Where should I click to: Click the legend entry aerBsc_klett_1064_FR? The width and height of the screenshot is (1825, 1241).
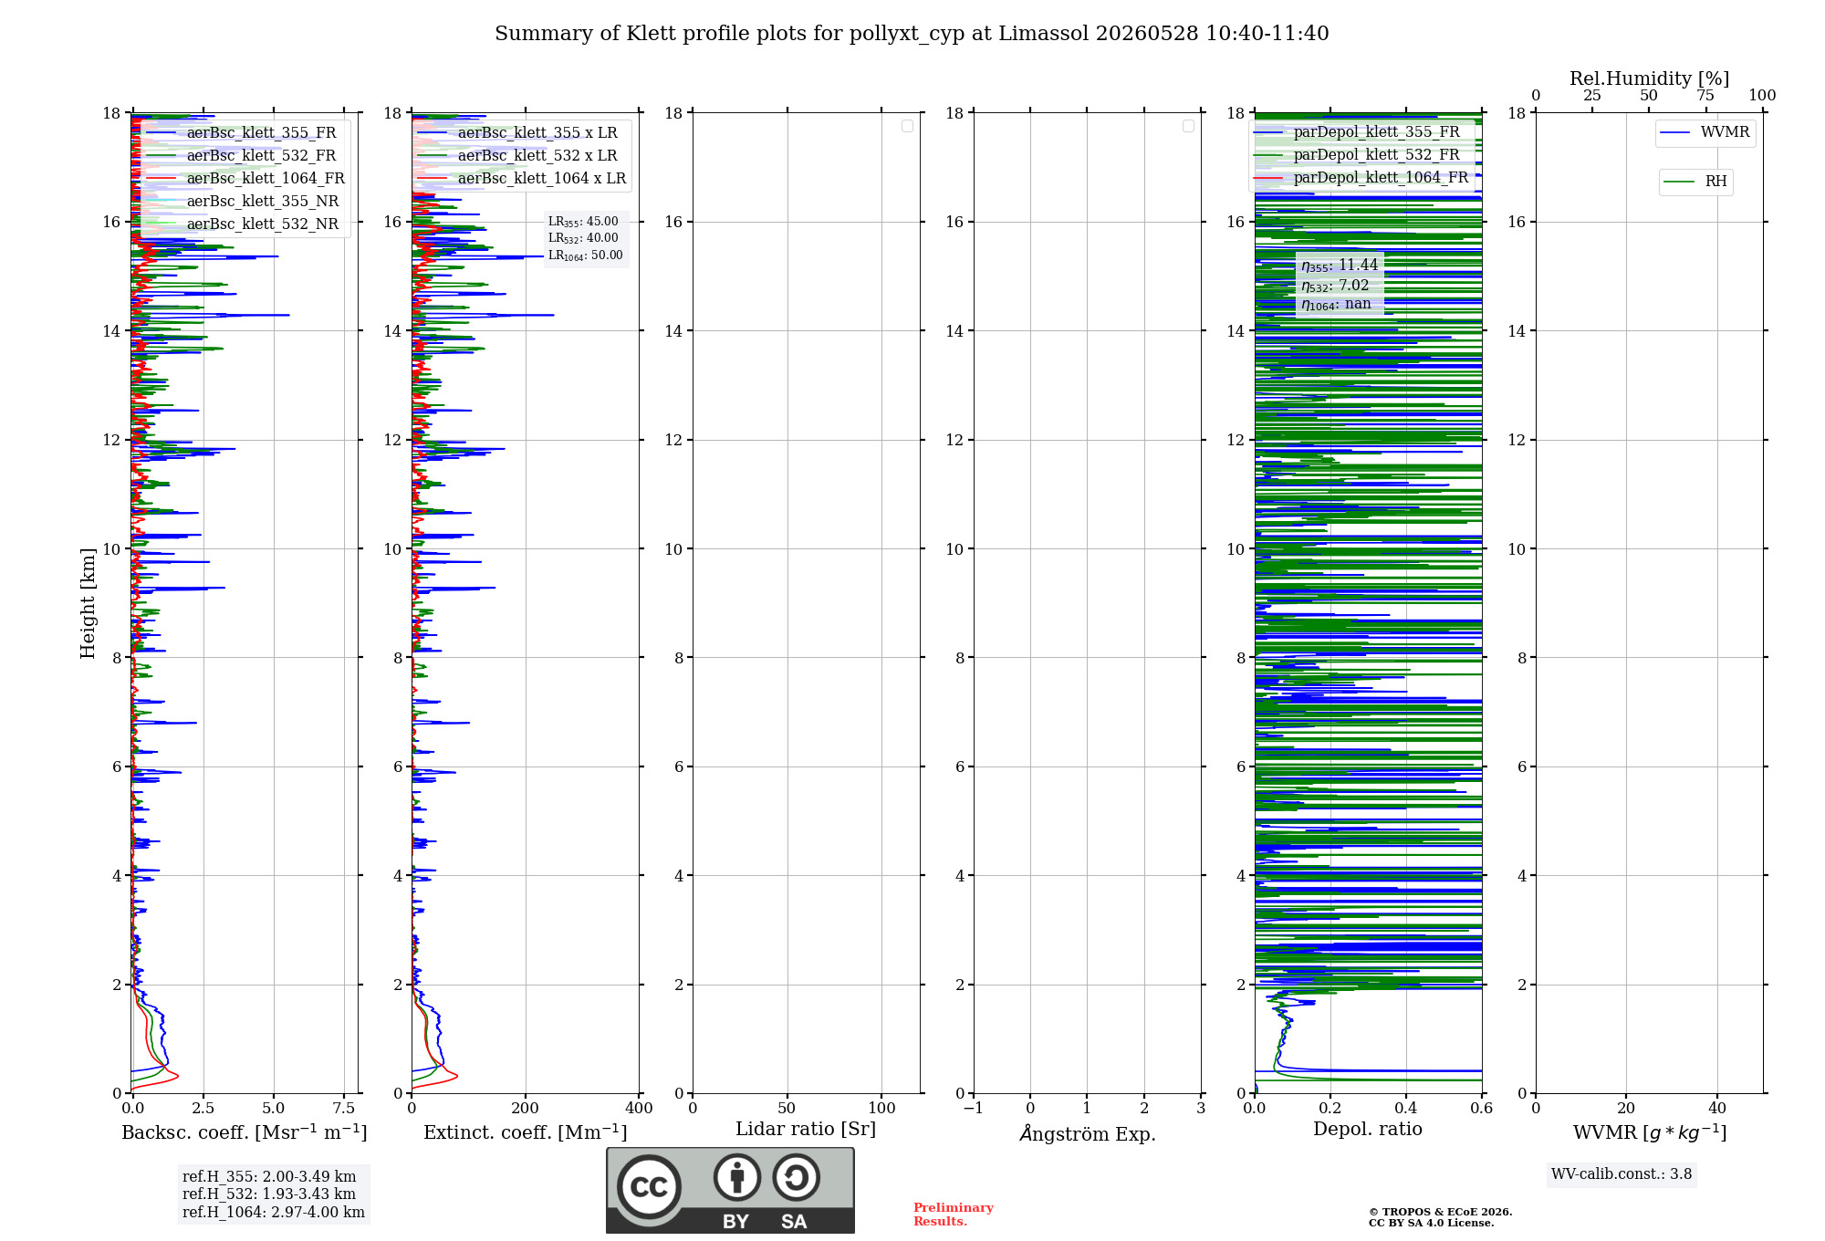pos(245,178)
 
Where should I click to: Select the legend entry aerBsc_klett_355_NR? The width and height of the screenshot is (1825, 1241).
pos(243,201)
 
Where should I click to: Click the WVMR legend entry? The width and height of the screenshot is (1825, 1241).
pos(1705,132)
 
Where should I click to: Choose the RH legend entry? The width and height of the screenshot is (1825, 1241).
pos(1695,182)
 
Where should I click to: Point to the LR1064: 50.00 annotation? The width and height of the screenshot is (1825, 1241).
pos(585,255)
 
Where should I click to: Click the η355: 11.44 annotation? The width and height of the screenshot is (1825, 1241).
pos(1340,266)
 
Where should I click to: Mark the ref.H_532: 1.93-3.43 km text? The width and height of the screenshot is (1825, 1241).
pos(269,1194)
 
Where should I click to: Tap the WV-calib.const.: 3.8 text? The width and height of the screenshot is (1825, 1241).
pos(1622,1174)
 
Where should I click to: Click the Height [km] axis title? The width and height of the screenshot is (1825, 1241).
pos(88,603)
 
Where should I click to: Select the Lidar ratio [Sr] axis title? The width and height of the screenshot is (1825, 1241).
pos(806,1129)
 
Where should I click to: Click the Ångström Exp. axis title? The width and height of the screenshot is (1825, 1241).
pos(1088,1133)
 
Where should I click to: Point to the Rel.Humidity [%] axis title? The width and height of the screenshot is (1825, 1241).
pos(1650,78)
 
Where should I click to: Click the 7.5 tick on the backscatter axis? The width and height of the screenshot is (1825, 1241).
pos(344,1108)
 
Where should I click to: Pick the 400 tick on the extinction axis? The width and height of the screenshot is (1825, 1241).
pos(640,1108)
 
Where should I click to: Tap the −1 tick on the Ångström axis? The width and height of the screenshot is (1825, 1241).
pos(973,1108)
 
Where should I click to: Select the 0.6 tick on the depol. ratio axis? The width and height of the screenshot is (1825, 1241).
pos(1482,1108)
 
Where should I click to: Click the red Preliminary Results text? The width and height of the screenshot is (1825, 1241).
pos(954,1215)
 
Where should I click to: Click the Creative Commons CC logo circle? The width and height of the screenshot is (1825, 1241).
pos(649,1186)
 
